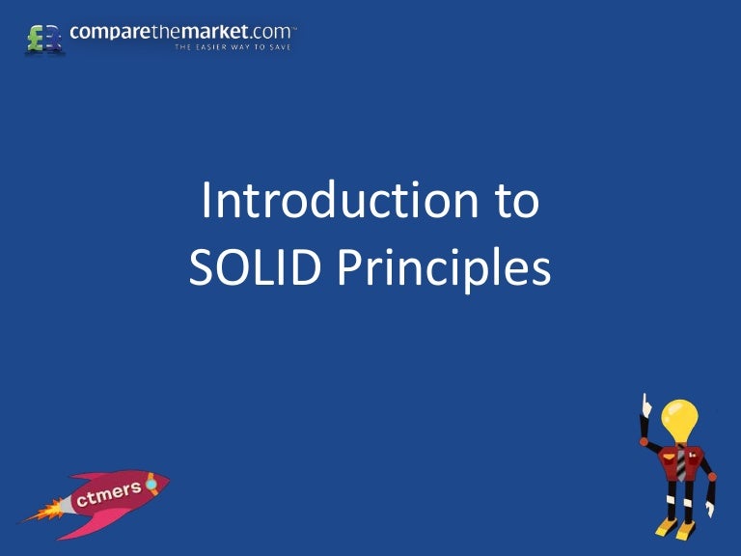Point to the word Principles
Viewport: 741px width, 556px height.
coord(444,269)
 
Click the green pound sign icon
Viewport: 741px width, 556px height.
coord(36,38)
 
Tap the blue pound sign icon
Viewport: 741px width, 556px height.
coord(52,39)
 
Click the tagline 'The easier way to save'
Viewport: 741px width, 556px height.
coord(233,46)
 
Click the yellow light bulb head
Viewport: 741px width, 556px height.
coord(680,417)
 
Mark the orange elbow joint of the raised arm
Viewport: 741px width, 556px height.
coord(645,442)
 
